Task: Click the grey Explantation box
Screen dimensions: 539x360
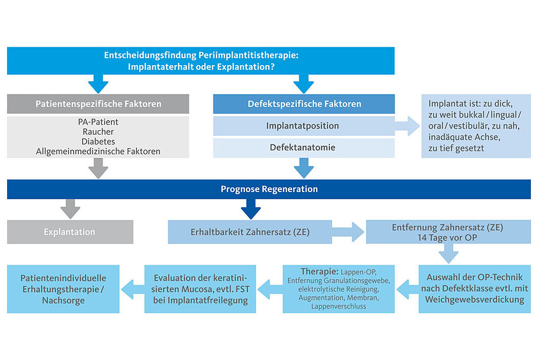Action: pos(70,232)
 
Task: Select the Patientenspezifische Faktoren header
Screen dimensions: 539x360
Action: pos(98,104)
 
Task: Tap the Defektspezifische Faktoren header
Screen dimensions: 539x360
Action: pos(304,104)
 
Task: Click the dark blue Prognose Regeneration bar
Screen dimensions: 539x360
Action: pos(269,189)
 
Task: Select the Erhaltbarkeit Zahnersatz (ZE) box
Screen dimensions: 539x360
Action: pos(250,232)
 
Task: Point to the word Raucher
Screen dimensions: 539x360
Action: pos(98,131)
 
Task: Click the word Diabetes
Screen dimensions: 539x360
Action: pos(98,141)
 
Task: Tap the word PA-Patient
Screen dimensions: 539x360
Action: pos(98,122)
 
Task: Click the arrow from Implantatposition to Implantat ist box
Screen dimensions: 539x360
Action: pos(407,126)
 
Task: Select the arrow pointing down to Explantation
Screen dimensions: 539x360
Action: pos(70,209)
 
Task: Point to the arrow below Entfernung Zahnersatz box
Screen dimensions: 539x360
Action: pos(449,253)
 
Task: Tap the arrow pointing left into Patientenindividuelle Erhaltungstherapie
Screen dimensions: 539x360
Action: pos(132,289)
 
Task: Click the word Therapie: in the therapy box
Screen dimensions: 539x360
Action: pos(320,272)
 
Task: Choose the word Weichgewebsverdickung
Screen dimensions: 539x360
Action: pos(475,299)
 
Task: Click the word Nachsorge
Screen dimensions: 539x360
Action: pos(63,300)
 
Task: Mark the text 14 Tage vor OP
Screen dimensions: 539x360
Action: pos(447,238)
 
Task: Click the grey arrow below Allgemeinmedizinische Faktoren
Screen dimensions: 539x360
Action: pos(99,168)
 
